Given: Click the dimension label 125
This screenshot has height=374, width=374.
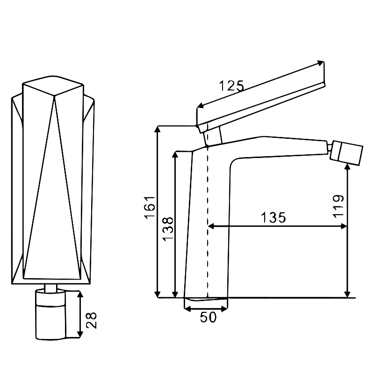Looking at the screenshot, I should point(231,85).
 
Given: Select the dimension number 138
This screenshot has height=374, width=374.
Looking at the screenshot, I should point(168,228).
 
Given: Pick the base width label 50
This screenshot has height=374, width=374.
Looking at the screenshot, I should point(209,317).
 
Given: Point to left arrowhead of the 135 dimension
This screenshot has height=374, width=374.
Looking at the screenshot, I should point(210,226).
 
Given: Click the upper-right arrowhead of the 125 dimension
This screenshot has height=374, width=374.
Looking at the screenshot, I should point(321,63).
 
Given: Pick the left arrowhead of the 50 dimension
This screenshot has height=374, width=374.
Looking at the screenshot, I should point(187,308).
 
